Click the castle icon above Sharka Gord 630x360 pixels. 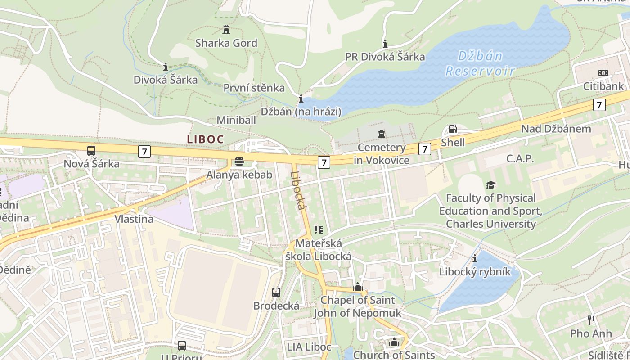pos(226,30)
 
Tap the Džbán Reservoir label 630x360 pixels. pos(480,63)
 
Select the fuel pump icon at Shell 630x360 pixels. pos(453,130)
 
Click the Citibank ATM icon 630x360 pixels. pos(603,73)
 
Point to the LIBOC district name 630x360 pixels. pos(205,139)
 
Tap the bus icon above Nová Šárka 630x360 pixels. pos(91,151)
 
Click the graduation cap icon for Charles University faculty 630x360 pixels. pos(490,185)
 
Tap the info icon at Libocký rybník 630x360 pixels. pos(475,259)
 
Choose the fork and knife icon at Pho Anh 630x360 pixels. pos(591,320)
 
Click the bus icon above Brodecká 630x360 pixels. pos(276,292)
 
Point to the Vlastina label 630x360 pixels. pos(134,219)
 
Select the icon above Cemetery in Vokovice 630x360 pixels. pos(382,134)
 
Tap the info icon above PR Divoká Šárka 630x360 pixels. pos(385,44)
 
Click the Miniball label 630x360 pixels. pos(236,120)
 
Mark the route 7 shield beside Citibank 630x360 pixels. pos(599,105)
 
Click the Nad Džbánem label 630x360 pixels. pos(556,129)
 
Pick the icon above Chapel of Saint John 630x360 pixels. pos(358,287)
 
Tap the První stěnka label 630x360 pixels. pos(254,88)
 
